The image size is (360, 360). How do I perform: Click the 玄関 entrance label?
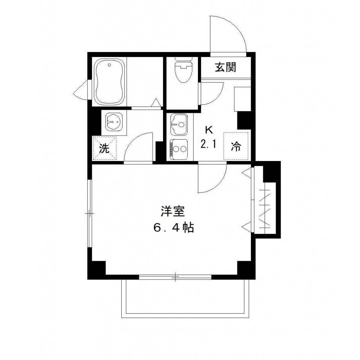click(225, 67)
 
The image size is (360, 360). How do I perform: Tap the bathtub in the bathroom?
click(109, 82)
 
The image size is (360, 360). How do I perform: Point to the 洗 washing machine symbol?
click(104, 148)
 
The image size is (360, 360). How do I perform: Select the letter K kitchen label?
click(209, 130)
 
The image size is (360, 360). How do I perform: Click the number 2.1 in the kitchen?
click(208, 144)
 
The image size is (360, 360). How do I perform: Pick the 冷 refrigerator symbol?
click(236, 146)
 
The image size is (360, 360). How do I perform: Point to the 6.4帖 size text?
click(173, 228)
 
